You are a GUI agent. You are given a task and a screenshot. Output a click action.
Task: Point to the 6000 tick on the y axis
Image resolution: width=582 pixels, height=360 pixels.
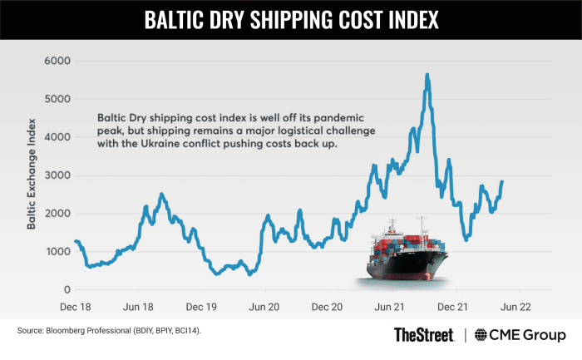(x=55, y=61)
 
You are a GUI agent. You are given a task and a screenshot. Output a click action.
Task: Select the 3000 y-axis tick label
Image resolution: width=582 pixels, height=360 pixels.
(x=55, y=175)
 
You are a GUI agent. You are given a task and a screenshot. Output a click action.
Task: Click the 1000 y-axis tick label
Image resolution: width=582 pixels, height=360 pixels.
(x=56, y=251)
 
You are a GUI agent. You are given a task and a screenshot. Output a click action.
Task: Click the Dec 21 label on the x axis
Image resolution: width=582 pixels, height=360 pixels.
(x=453, y=306)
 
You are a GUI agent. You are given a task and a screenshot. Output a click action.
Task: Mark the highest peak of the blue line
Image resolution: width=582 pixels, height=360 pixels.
(x=427, y=75)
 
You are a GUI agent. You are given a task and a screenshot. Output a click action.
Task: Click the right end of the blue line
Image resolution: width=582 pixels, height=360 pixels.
(x=502, y=181)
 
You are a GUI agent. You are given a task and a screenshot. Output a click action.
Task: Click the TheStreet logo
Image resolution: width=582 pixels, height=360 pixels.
(x=423, y=335)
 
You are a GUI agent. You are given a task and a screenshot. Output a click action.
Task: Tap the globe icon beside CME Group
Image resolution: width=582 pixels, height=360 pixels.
(x=481, y=335)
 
